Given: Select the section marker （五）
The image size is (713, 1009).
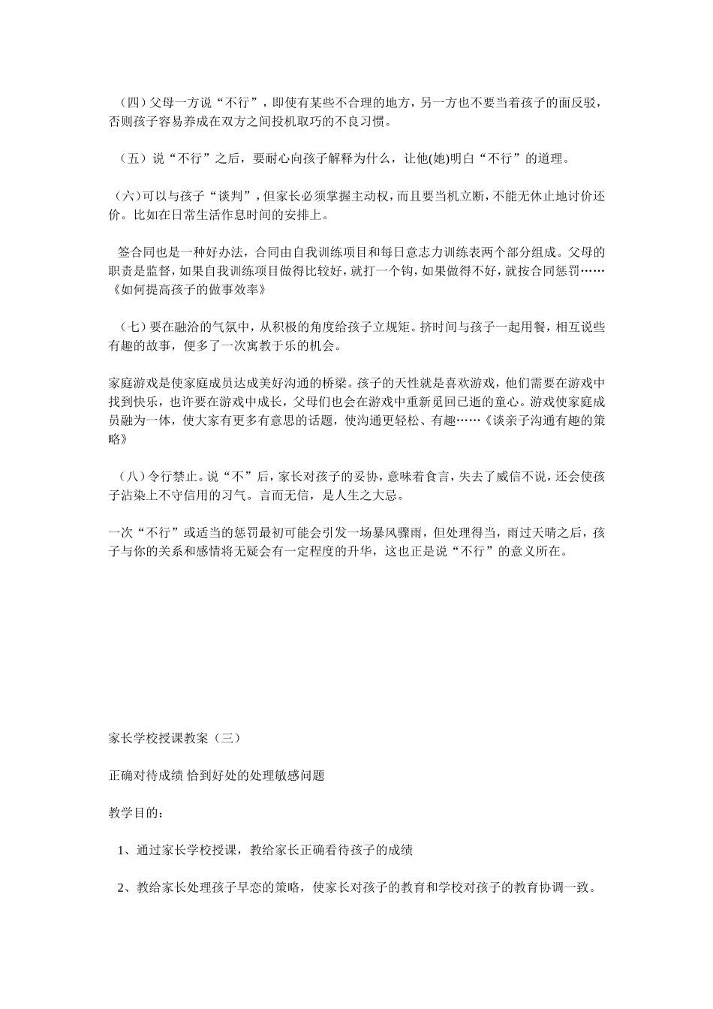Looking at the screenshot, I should (130, 159).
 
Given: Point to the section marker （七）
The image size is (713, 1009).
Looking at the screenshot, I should (130, 327).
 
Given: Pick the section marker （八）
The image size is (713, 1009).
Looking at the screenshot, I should (130, 476).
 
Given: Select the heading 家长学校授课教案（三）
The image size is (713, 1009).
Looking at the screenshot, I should (175, 738).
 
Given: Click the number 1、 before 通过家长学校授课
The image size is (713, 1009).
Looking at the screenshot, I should (125, 851).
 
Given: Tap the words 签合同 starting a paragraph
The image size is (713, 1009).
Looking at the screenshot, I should (136, 251).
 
